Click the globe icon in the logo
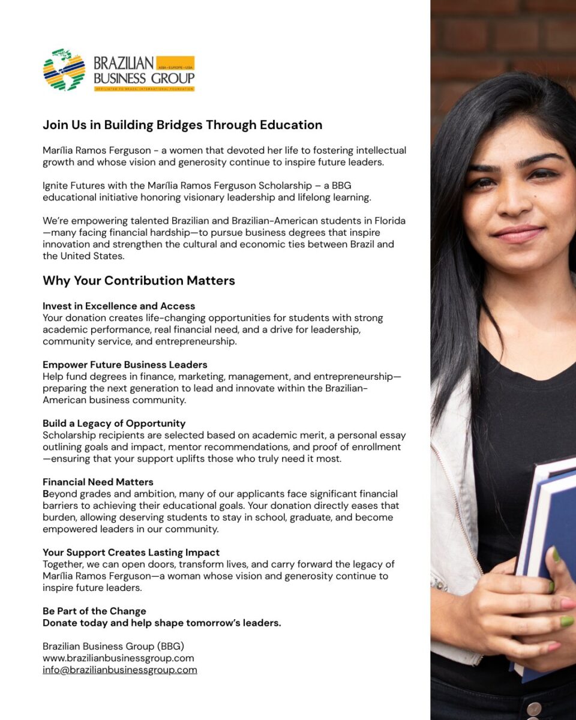point(64,70)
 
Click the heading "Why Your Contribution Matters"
point(139,281)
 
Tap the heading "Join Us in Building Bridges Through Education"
point(182,125)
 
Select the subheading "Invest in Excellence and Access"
point(119,306)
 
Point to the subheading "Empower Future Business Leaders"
point(125,365)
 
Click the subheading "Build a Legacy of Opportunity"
point(114,424)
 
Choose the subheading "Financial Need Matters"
point(98,482)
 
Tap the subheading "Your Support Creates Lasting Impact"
point(131,553)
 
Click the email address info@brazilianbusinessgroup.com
point(119,670)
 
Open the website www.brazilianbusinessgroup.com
point(118,658)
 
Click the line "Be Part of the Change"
point(94,611)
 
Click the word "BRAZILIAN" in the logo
point(124,64)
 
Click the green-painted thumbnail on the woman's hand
point(566,622)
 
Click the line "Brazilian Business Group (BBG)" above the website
point(113,646)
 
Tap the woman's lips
point(518,233)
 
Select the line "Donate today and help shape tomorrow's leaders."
point(161,623)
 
